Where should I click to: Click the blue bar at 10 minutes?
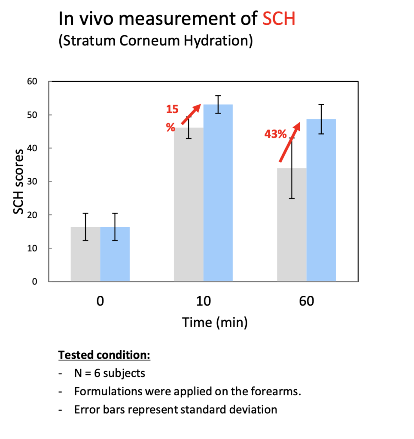pyautogui.click(x=218, y=193)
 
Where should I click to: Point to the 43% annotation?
pyautogui.click(x=275, y=134)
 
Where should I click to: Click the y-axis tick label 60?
pyautogui.click(x=33, y=81)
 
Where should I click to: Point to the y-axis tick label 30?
pyautogui.click(x=33, y=181)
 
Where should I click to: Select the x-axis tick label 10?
pyautogui.click(x=203, y=301)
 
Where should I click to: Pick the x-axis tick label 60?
pyautogui.click(x=306, y=301)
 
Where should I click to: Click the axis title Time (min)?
pyautogui.click(x=215, y=322)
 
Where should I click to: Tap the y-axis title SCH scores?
pyautogui.click(x=19, y=181)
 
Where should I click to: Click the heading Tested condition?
pyautogui.click(x=104, y=355)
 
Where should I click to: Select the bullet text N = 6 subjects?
pyautogui.click(x=109, y=373)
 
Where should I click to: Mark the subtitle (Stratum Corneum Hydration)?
pyautogui.click(x=155, y=41)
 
